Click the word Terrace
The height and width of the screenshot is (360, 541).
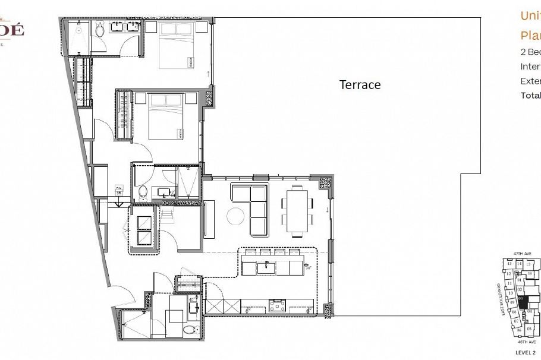[360, 85]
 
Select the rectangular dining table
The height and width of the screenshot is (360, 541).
[298, 211]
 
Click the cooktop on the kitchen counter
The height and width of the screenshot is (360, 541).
[277, 305]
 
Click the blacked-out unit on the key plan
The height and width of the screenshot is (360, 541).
[523, 301]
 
